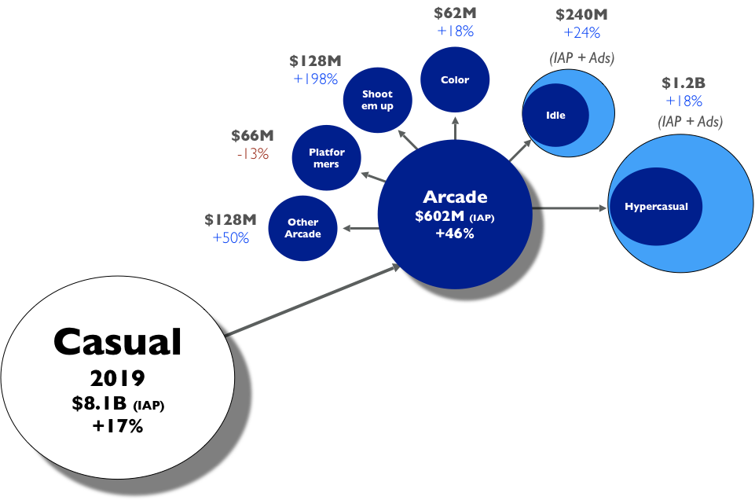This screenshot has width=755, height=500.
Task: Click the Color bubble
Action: pos(455,79)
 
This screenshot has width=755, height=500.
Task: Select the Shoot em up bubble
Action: pos(377,100)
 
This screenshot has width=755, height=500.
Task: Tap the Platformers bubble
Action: pos(326,157)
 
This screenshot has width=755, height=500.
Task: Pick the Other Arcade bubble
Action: pos(303,228)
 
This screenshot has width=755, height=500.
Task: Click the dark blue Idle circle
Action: pos(555,115)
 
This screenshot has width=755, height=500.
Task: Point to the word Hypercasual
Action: pos(656,207)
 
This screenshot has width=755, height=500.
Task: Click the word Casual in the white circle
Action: pos(118,342)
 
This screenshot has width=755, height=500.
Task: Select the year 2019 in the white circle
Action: pos(118,378)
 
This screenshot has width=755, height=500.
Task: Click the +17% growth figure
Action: pos(118,426)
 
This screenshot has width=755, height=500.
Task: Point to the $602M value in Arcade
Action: pos(441,216)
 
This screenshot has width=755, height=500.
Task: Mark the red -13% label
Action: pos(252,154)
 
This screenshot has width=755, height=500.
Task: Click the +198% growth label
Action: pos(315,79)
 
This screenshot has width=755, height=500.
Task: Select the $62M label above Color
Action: pos(455,13)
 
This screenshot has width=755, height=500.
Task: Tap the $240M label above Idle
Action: pos(581,15)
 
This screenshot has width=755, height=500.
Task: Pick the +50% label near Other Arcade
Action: pos(231,237)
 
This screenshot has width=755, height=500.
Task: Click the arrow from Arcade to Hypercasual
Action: pos(571,208)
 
